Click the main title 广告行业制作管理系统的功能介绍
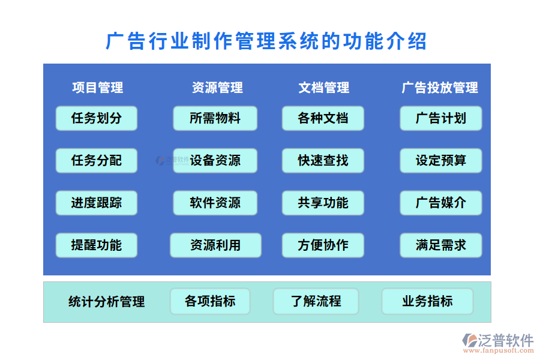point(266,41)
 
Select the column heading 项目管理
point(97,88)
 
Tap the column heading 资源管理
point(217,88)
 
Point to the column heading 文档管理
point(324,88)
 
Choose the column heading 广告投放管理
point(440,88)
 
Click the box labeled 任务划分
point(97,118)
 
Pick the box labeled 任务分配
point(97,160)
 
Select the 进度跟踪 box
point(97,203)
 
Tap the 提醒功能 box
point(97,245)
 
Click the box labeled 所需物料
point(215,118)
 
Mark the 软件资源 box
point(215,203)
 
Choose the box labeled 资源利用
point(215,245)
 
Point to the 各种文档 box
point(323,118)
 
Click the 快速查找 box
point(323,160)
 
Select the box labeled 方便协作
point(323,245)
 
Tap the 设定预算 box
point(441,160)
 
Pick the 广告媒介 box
point(441,203)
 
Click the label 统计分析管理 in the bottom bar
point(107,301)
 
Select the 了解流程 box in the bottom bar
point(316,301)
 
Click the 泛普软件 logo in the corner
point(497,343)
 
